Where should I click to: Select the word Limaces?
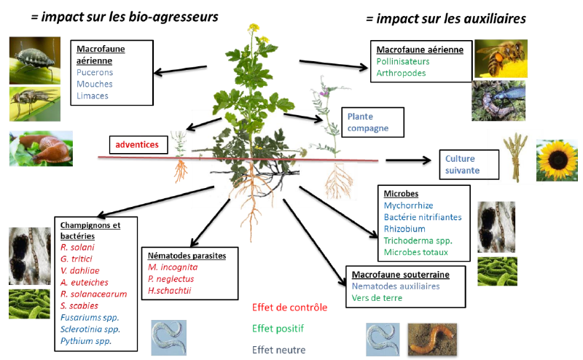click(x=92, y=95)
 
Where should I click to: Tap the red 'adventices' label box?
click(x=136, y=144)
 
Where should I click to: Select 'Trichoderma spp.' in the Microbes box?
click(x=418, y=240)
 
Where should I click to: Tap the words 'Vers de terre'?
click(x=376, y=297)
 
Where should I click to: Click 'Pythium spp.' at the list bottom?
click(x=85, y=340)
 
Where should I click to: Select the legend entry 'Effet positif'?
click(x=278, y=328)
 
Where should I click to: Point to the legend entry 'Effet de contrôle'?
click(x=289, y=307)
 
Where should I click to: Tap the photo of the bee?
click(x=501, y=58)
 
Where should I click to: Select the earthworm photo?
click(x=432, y=340)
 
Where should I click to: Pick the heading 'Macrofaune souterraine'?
click(x=400, y=275)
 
